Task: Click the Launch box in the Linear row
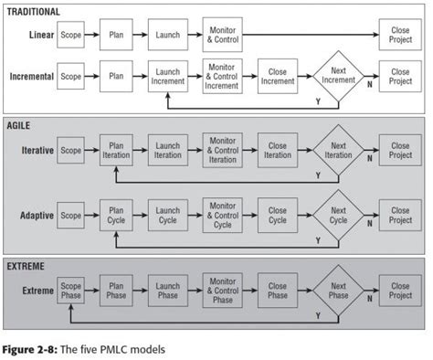pyautogui.click(x=167, y=37)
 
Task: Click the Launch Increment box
pyautogui.click(x=167, y=77)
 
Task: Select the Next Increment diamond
pyautogui.click(x=338, y=77)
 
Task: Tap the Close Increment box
pyautogui.click(x=278, y=77)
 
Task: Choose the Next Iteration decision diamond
pyautogui.click(x=338, y=151)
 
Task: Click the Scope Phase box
pyautogui.click(x=70, y=291)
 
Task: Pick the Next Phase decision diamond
pyautogui.click(x=338, y=291)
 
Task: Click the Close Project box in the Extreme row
pyautogui.click(x=399, y=291)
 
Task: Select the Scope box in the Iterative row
pyautogui.click(x=70, y=151)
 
